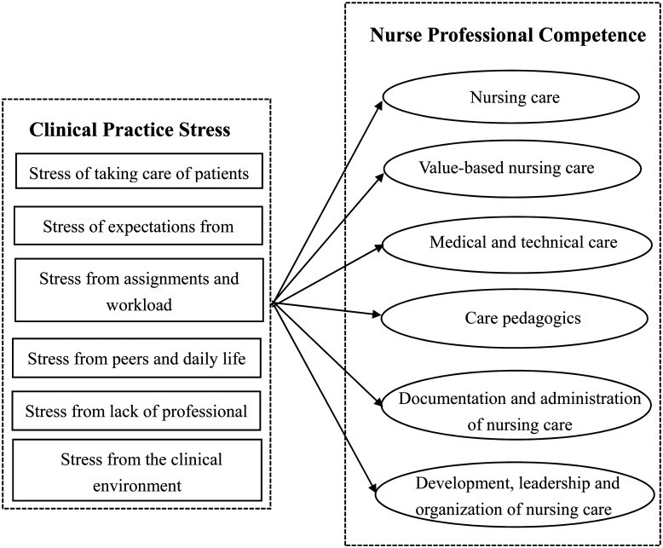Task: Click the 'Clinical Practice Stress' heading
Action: pos(129,130)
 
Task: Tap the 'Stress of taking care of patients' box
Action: pos(138,174)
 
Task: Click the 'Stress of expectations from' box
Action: pos(138,226)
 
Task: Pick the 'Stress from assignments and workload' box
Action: pos(138,291)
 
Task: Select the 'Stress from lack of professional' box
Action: pos(138,412)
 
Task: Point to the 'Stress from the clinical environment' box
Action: pos(138,472)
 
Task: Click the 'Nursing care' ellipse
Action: pos(510,97)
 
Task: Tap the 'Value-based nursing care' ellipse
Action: pos(510,169)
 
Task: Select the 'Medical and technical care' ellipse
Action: pos(510,242)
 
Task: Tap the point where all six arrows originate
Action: pos(271,303)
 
